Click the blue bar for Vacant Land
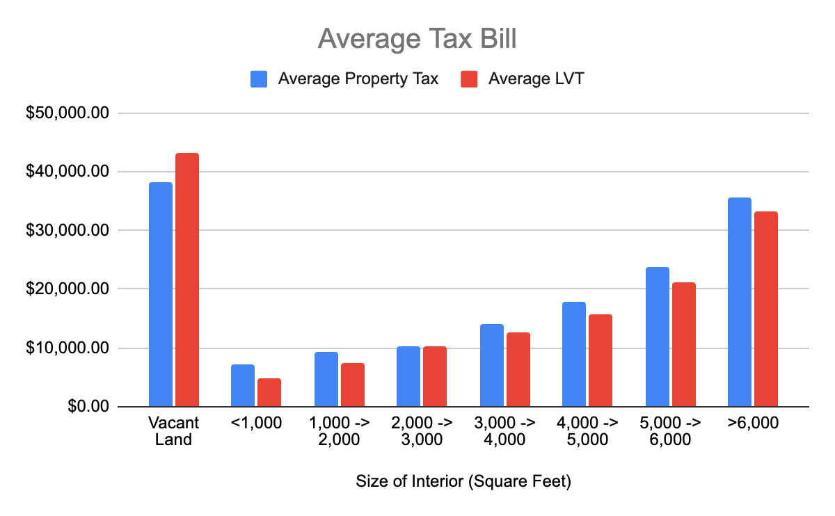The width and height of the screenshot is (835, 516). coord(160,294)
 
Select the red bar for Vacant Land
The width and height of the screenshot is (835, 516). coord(186,280)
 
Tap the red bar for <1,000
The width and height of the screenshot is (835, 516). coord(269,392)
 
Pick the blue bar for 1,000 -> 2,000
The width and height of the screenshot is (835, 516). coord(326,379)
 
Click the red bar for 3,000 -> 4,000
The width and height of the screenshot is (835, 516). coord(518,369)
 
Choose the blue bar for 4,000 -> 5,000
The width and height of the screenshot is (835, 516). coord(574,354)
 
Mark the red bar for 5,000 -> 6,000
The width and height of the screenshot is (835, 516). coord(683,344)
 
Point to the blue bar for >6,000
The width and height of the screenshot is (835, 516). coord(739,302)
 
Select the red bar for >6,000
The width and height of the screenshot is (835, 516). coord(765,309)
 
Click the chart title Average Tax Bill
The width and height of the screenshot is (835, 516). coord(417,39)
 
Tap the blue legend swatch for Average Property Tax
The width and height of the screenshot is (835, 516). coord(260,79)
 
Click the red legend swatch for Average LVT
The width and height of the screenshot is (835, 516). coord(470,79)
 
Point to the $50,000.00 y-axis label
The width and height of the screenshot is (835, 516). coord(67,113)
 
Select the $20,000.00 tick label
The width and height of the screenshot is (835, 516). coord(67,289)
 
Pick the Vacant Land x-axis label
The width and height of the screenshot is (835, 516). coord(173,431)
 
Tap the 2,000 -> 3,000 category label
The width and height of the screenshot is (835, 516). coord(422,431)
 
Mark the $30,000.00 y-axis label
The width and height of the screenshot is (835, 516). coord(67,231)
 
